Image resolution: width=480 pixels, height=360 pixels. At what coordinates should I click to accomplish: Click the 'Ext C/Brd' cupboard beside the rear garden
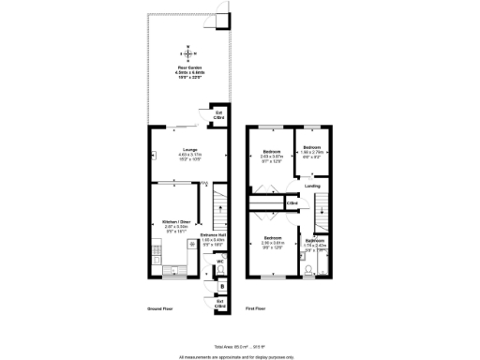pos(218,115)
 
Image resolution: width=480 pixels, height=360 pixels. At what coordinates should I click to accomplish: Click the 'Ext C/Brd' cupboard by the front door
pos(220,305)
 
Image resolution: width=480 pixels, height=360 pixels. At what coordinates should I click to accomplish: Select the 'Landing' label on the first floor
pos(312,187)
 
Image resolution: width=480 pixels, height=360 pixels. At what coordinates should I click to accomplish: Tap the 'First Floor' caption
pos(257,307)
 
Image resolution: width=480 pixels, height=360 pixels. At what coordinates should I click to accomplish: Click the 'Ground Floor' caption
pos(158,307)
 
